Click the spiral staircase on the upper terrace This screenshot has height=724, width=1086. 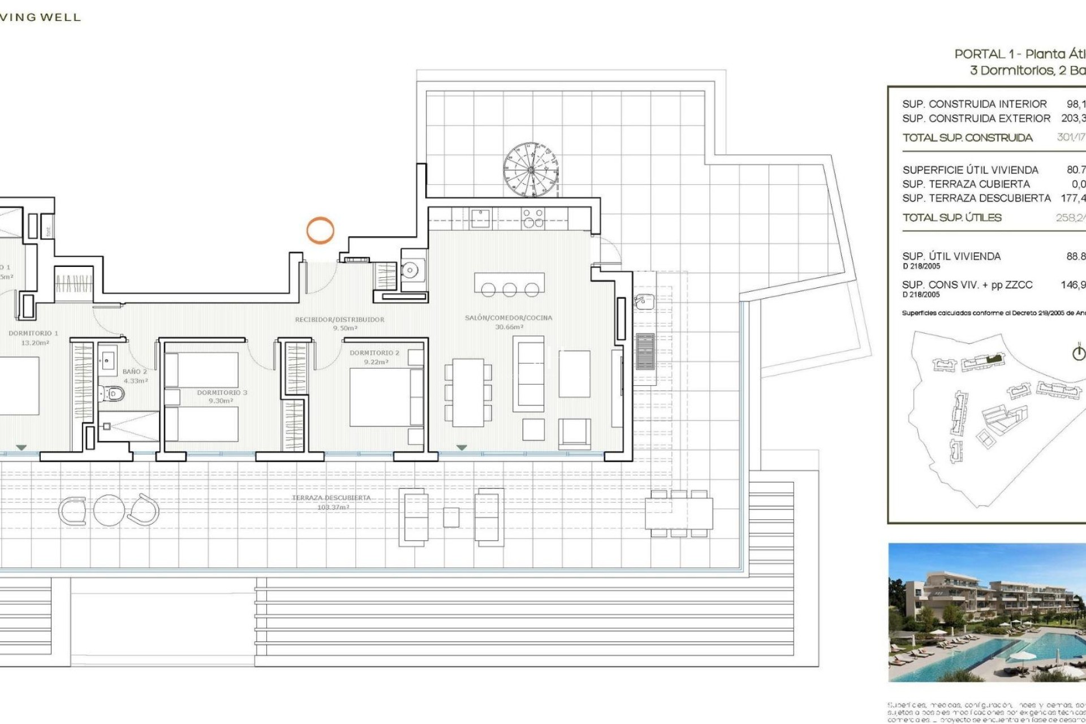[x=531, y=169]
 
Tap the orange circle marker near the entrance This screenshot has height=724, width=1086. [x=320, y=231]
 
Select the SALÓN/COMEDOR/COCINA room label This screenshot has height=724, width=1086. [x=508, y=318]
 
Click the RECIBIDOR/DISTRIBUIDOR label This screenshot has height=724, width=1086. [x=339, y=320]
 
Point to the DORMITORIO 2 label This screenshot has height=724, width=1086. [x=374, y=353]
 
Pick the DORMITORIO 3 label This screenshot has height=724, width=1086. [x=222, y=393]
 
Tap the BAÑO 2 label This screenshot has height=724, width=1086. [x=135, y=372]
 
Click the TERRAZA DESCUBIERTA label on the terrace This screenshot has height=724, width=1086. [x=331, y=498]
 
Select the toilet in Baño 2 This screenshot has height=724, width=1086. [x=113, y=393]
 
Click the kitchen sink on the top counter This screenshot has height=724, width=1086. [x=480, y=218]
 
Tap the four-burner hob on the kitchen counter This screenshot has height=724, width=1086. [x=532, y=218]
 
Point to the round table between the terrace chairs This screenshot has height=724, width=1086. [x=109, y=510]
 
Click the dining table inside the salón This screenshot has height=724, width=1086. [x=468, y=393]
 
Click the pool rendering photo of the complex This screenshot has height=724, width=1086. [x=986, y=612]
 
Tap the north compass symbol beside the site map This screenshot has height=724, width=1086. [x=1079, y=353]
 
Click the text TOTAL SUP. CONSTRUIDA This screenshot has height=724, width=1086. [x=967, y=138]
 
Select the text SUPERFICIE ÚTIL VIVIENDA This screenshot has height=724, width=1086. [x=970, y=170]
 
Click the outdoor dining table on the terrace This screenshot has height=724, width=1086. [x=679, y=513]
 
